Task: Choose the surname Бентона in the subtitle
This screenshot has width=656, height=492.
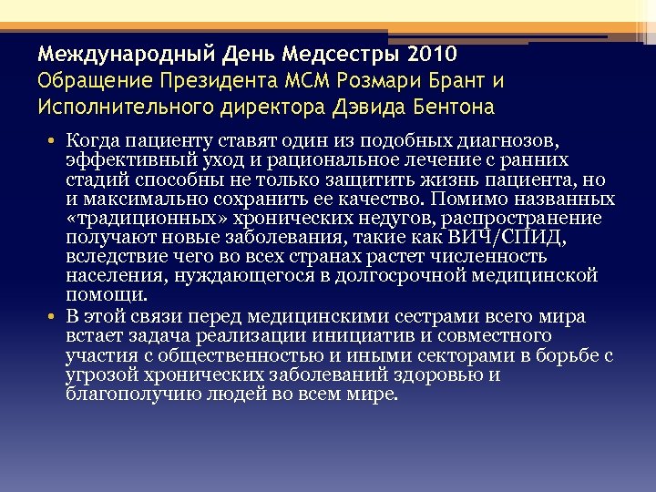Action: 448,108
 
